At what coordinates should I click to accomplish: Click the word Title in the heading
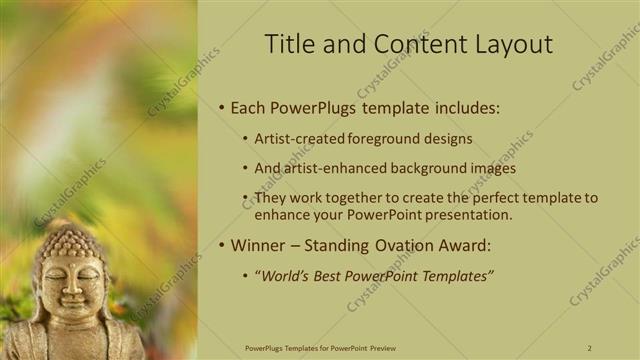click(x=286, y=44)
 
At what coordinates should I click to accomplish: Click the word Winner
click(x=259, y=245)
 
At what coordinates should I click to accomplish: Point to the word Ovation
click(x=406, y=245)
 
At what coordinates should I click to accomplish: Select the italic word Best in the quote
click(x=337, y=276)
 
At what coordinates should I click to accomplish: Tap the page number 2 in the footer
click(x=589, y=347)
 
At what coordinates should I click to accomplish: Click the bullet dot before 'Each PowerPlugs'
click(x=221, y=108)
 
